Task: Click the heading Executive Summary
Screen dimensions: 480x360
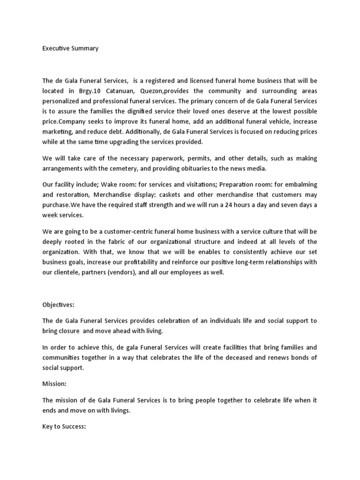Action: [70, 48]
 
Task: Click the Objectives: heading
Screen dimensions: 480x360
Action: [58, 305]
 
